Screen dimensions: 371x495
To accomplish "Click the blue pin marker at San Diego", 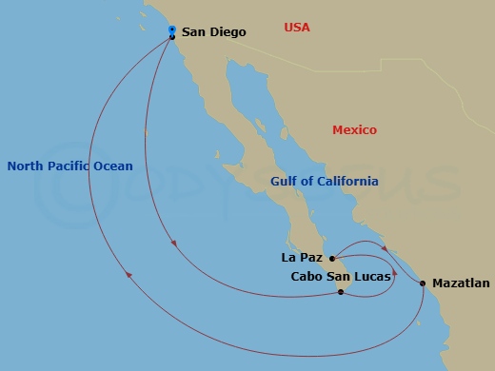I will pyautogui.click(x=171, y=30).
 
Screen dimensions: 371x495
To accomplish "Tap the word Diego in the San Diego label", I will pyautogui.click(x=227, y=32).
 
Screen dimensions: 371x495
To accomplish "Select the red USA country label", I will pyautogui.click(x=297, y=28).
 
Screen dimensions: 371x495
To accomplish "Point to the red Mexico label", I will pyautogui.click(x=354, y=130).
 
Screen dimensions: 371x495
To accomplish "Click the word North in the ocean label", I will pyautogui.click(x=26, y=166).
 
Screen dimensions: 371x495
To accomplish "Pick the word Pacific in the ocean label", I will pyautogui.click(x=70, y=166).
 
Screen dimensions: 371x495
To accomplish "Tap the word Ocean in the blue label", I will pyautogui.click(x=114, y=166).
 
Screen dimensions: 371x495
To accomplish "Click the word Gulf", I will pyautogui.click(x=285, y=182).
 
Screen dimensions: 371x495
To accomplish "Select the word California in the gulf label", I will pyautogui.click(x=345, y=182).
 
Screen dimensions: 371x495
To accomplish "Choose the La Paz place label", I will pyautogui.click(x=302, y=257).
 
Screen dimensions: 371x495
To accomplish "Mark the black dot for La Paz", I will pyautogui.click(x=331, y=258).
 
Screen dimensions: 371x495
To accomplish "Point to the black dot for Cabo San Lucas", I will pyautogui.click(x=340, y=292).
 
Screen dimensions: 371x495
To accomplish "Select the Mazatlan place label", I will pyautogui.click(x=460, y=283).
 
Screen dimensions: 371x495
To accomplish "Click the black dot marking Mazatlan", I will pyautogui.click(x=423, y=283).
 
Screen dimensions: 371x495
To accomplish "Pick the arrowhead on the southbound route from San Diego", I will pyautogui.click(x=173, y=245).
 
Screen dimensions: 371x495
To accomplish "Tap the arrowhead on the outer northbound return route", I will pyautogui.click(x=128, y=276).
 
